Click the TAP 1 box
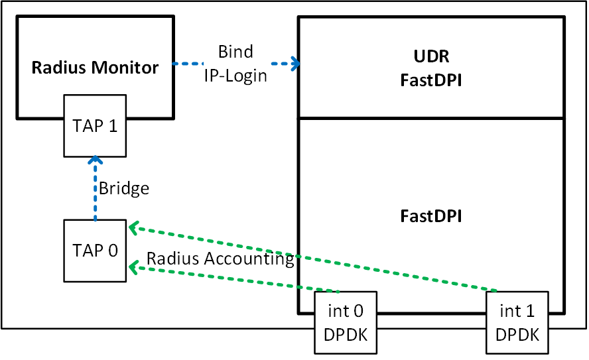(x=94, y=127)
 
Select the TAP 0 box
(x=94, y=251)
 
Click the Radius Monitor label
(x=96, y=67)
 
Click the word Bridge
(x=124, y=188)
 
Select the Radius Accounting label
(x=220, y=259)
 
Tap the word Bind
(x=235, y=52)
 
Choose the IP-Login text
(x=235, y=75)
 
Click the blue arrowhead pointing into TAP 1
(x=95, y=160)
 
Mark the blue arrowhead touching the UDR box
(x=294, y=64)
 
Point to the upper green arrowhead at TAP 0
(x=133, y=227)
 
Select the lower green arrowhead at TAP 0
(x=133, y=267)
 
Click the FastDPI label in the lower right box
(x=430, y=216)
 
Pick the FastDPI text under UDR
(x=430, y=81)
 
